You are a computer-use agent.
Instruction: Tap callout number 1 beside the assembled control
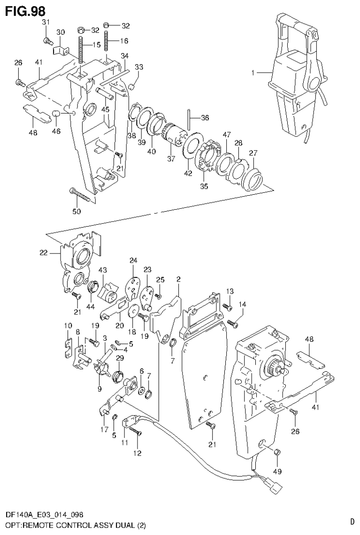(253, 73)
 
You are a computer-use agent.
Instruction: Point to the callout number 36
(205, 117)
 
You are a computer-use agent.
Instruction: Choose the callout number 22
(44, 253)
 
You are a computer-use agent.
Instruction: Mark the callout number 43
(102, 270)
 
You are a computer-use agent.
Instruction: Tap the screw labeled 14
(232, 322)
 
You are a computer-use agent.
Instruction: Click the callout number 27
(253, 153)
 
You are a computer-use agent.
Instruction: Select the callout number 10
(68, 326)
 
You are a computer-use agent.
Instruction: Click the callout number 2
(178, 280)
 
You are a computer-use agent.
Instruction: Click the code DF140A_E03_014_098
(45, 515)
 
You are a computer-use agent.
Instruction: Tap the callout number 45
(106, 109)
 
